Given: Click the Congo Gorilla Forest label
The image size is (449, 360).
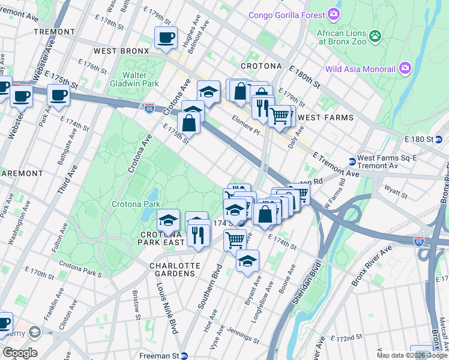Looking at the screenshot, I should coord(286,14).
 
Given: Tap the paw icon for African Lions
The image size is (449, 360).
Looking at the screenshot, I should coord(375,36).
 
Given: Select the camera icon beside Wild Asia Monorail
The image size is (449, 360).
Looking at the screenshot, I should coord(405,68).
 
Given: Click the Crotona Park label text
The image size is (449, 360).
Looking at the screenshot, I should coord(135,204).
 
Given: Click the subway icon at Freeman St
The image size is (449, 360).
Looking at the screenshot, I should coord(184,355).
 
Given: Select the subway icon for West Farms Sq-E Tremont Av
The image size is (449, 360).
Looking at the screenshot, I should coord(352,161).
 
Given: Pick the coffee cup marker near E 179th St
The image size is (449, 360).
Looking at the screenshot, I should coord(166,38).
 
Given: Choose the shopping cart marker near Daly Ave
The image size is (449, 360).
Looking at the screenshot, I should coord(279,115).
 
